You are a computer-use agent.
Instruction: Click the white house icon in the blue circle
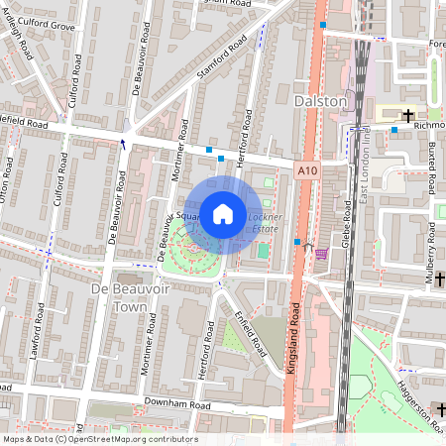pyautogui.click(x=223, y=213)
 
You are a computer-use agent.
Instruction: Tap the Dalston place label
pyautogui.click(x=321, y=101)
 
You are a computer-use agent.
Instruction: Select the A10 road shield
pyautogui.click(x=307, y=171)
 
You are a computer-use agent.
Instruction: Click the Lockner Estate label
pyautogui.click(x=265, y=222)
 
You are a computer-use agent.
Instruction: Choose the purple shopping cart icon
pyautogui.click(x=320, y=254)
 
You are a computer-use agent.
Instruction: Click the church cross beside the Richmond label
pyautogui.click(x=407, y=116)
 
